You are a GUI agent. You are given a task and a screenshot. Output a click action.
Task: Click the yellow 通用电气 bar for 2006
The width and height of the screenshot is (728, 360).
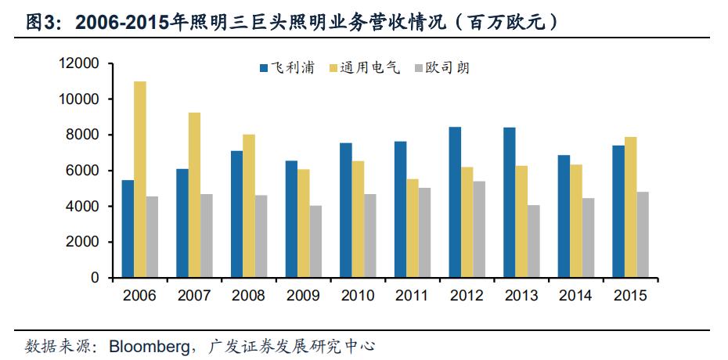(x=140, y=179)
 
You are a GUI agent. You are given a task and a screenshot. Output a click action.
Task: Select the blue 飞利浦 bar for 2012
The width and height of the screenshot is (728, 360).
(x=455, y=202)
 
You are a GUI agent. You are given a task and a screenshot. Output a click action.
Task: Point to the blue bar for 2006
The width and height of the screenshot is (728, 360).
(x=128, y=229)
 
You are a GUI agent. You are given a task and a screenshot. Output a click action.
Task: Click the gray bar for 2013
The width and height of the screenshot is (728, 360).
(x=533, y=241)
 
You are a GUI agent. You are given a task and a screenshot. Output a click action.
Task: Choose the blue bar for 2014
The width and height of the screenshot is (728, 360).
(x=564, y=216)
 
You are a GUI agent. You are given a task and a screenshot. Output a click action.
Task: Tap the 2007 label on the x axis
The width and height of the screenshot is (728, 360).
(x=194, y=297)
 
